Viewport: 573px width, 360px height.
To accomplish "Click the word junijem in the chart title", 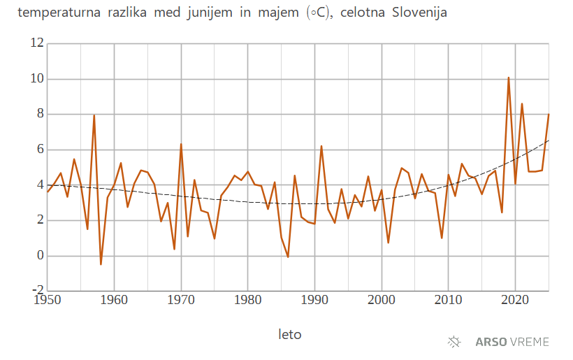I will [x=210, y=13].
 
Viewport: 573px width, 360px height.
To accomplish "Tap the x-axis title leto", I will [x=290, y=334].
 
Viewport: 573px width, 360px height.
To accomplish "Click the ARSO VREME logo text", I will [x=512, y=342].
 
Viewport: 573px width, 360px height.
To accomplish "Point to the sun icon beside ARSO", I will [x=455, y=342].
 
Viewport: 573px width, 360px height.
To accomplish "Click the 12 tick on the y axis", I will [x=37, y=43].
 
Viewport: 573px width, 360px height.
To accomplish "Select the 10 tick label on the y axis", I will [x=37, y=79].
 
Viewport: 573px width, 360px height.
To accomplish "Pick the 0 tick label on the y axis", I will [x=40, y=255].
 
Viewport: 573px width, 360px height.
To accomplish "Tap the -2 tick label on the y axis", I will [x=38, y=289].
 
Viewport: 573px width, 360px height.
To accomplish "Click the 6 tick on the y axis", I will [x=40, y=150].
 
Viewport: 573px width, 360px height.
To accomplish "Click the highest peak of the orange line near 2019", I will [x=509, y=78].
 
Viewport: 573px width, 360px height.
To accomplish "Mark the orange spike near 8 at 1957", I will [x=94, y=115].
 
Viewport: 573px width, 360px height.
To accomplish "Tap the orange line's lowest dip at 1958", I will [x=101, y=264].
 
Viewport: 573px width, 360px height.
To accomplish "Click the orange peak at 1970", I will [x=181, y=144].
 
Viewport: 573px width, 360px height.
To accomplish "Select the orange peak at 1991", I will [x=321, y=146].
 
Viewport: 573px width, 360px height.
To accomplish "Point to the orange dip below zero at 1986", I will [x=288, y=257].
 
